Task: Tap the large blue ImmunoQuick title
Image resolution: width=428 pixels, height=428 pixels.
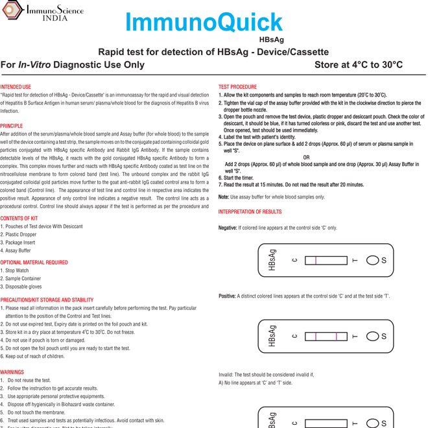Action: pos(204,23)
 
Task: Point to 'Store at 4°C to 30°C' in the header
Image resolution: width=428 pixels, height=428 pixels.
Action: pos(358,65)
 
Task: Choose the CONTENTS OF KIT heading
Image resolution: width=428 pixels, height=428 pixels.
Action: pos(19,219)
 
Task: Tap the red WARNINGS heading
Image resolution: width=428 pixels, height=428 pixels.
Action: pos(12,373)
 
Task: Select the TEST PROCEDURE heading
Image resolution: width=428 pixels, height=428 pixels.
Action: pos(237,87)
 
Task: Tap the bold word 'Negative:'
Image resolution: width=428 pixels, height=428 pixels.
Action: pos(228,228)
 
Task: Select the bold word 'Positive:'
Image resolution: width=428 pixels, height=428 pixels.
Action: pos(227,296)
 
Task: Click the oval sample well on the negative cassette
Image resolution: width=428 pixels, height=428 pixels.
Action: pos(372,261)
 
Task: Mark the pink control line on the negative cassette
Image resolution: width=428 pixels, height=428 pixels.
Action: pos(316,261)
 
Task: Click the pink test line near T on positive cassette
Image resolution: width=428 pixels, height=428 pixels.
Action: pos(337,337)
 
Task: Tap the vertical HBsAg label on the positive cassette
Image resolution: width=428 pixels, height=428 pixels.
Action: pos(272,337)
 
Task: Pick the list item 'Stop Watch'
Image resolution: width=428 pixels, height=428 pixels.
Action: pos(16,271)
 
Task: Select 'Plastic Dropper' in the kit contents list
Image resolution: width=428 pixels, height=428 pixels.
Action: pos(22,235)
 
